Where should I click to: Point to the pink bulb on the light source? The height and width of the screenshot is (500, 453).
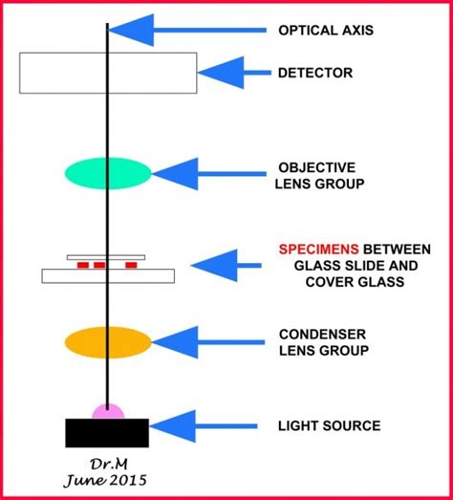click(x=108, y=411)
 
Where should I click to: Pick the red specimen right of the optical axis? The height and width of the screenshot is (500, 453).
click(x=124, y=265)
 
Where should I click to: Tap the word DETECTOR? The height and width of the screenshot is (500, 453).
click(x=315, y=73)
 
